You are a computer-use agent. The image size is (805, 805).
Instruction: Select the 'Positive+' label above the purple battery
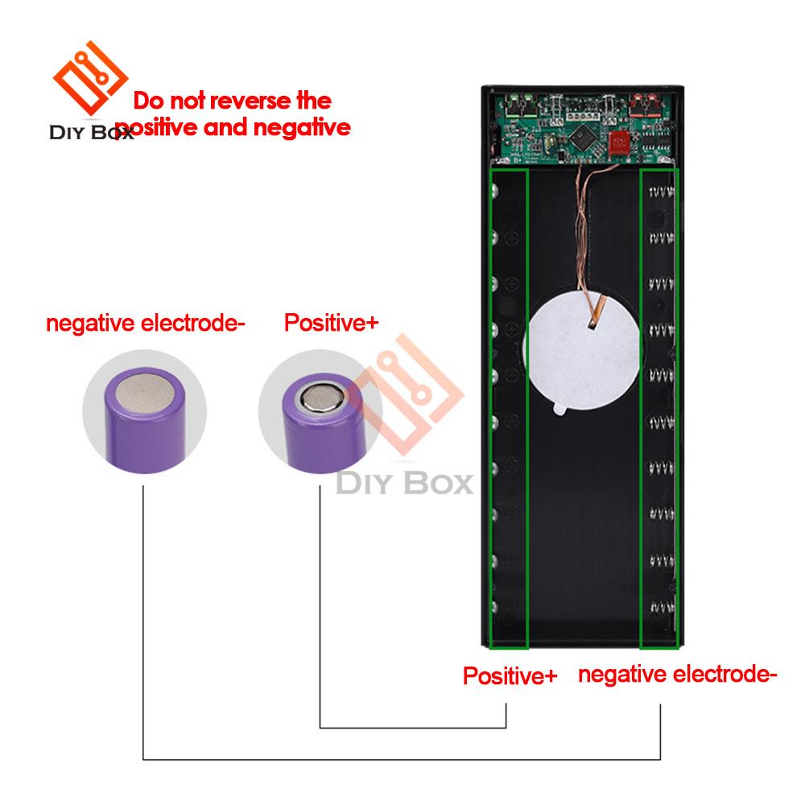(330, 324)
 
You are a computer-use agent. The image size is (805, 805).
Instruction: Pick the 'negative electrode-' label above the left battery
(146, 324)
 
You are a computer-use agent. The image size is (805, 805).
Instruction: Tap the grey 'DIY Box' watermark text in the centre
(405, 485)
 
